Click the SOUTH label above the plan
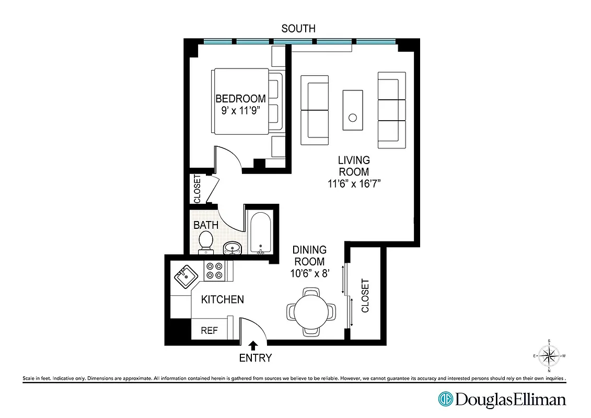(298, 29)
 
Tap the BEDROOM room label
(240, 98)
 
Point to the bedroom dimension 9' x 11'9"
(240, 110)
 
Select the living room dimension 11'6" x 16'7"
(354, 183)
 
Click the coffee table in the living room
(353, 110)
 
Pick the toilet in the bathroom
(206, 242)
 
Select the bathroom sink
(232, 247)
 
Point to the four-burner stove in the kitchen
(214, 270)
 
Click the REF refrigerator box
(210, 331)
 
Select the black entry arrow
(254, 345)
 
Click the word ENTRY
(256, 358)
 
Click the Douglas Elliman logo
(502, 400)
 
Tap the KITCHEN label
(223, 299)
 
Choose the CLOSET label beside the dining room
(365, 296)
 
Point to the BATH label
(206, 225)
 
